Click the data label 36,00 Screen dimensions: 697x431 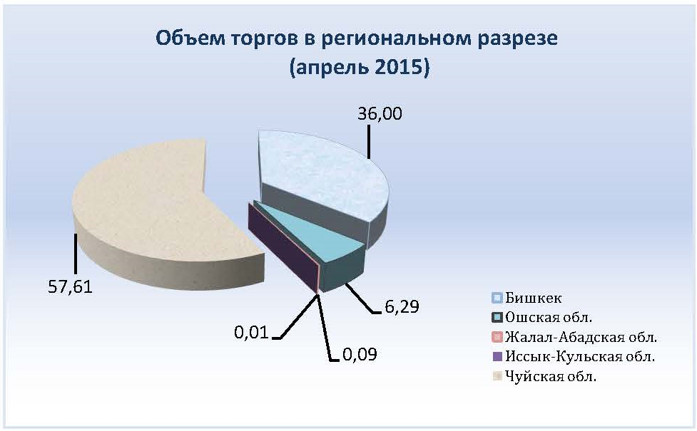click(x=380, y=114)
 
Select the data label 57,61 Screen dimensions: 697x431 click(x=70, y=287)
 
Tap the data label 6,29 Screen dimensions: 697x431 click(x=402, y=307)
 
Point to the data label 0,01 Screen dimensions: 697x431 click(x=252, y=333)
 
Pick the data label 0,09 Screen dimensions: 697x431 click(x=360, y=354)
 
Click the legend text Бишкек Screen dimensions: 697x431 click(x=534, y=298)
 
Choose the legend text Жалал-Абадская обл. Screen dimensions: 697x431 click(x=581, y=338)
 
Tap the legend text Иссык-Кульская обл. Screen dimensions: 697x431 click(x=580, y=357)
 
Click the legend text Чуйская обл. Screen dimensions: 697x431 click(x=551, y=377)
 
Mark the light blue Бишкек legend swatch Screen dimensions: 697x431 click(x=497, y=298)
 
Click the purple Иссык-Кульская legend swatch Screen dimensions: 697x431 click(x=497, y=357)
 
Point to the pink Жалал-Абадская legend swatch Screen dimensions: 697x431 click(x=497, y=338)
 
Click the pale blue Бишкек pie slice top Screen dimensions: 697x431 click(x=320, y=173)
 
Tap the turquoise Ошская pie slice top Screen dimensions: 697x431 click(x=311, y=231)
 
